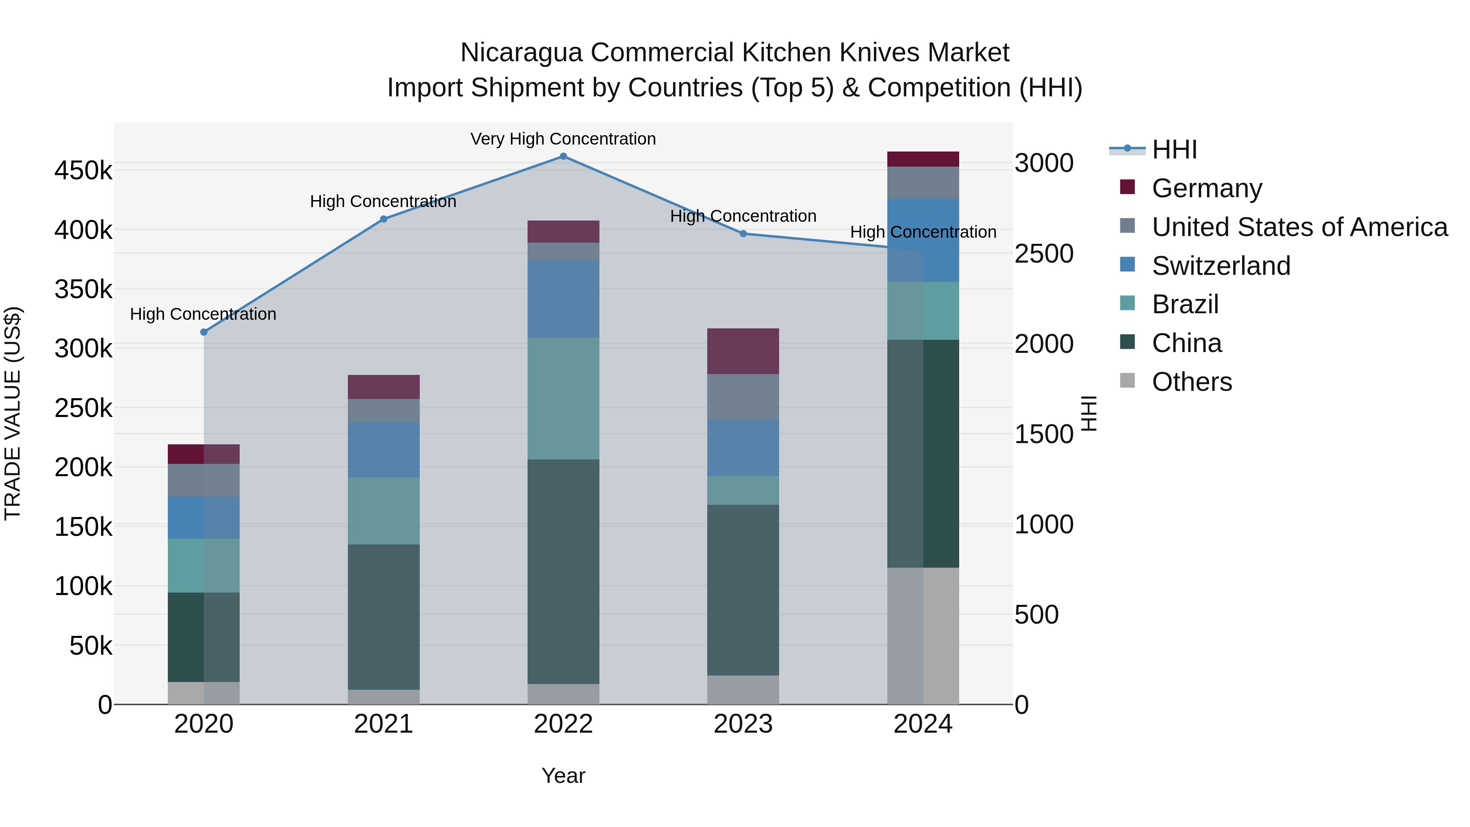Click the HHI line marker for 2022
coord(563,156)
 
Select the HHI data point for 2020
coord(204,332)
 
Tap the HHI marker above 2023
coord(743,234)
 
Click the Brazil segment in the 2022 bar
coord(563,398)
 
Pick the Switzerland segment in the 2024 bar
coord(923,240)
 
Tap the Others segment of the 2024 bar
coord(923,636)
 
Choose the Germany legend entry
coord(1206,188)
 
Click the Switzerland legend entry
coord(1221,266)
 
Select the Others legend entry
coord(1192,382)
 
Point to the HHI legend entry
coord(1174,149)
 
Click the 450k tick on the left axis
coord(83,171)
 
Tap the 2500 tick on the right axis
coord(1044,254)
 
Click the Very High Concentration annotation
coord(563,139)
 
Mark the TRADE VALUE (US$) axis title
coord(13,413)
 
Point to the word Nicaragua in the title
coord(521,53)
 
